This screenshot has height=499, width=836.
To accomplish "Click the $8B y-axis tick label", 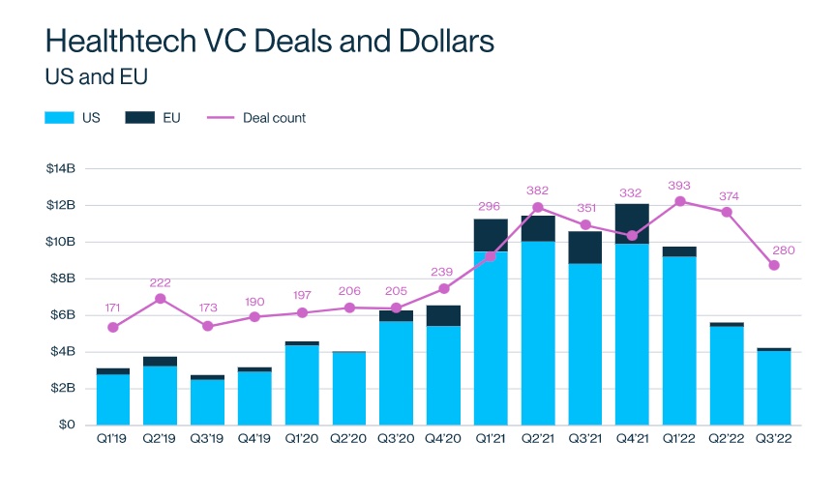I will (x=63, y=279).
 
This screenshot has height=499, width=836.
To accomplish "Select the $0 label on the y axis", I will (x=68, y=425).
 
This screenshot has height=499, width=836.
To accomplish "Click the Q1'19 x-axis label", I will (x=113, y=441).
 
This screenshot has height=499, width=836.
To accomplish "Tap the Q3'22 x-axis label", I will (x=774, y=441).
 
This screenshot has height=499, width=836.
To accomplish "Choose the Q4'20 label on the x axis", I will (x=443, y=441).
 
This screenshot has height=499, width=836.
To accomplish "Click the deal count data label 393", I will (x=679, y=184).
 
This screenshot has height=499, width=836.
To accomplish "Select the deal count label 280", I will (x=782, y=249).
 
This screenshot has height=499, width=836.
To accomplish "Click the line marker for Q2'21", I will (x=538, y=207).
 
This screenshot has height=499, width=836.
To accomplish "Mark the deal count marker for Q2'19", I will (x=161, y=299).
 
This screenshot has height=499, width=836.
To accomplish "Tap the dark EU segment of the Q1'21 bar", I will (x=491, y=235).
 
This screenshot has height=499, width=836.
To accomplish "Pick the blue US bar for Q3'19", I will (x=208, y=402).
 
